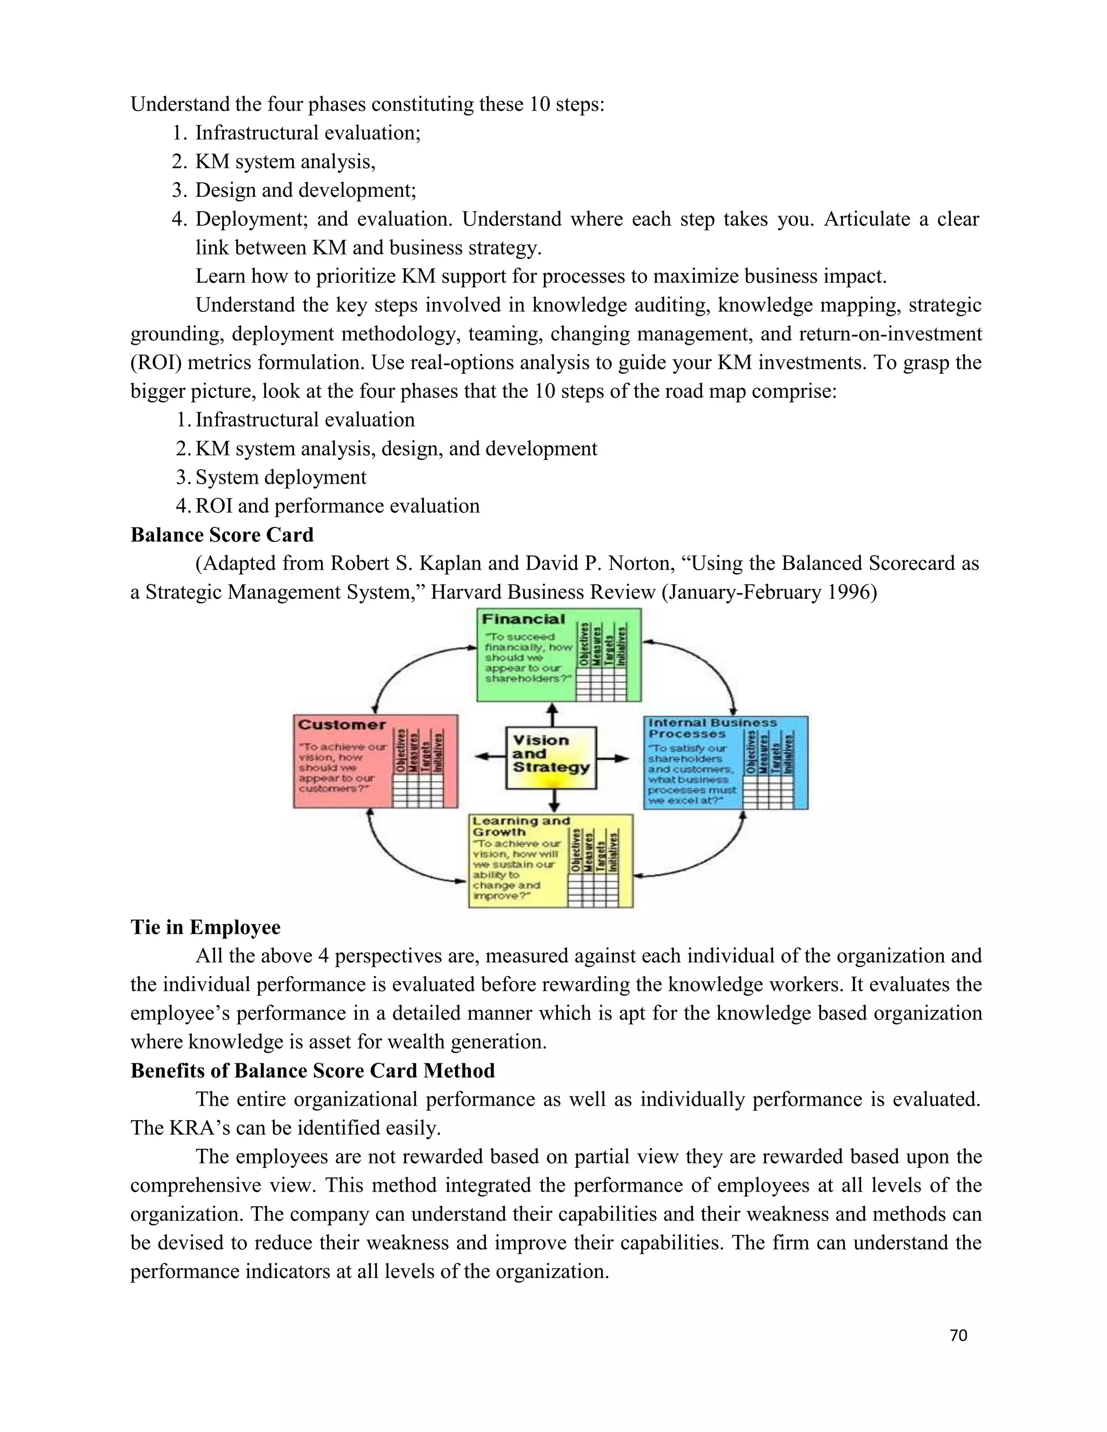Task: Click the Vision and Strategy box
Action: pyautogui.click(x=551, y=757)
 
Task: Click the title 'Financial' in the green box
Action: pyautogui.click(x=523, y=619)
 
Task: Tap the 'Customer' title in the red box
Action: pyautogui.click(x=342, y=725)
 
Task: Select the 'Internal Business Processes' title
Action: pyautogui.click(x=712, y=728)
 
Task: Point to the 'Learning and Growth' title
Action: pyautogui.click(x=521, y=826)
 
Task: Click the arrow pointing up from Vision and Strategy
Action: pyautogui.click(x=552, y=715)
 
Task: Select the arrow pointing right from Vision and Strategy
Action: pyautogui.click(x=614, y=759)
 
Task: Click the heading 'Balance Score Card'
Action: pyautogui.click(x=222, y=535)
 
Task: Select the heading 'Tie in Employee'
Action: pyautogui.click(x=205, y=927)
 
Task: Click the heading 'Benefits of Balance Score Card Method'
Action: pyautogui.click(x=312, y=1070)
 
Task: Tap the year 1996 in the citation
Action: pyautogui.click(x=852, y=592)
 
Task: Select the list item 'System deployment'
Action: pyautogui.click(x=281, y=477)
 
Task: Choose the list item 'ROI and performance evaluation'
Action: pyautogui.click(x=337, y=506)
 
